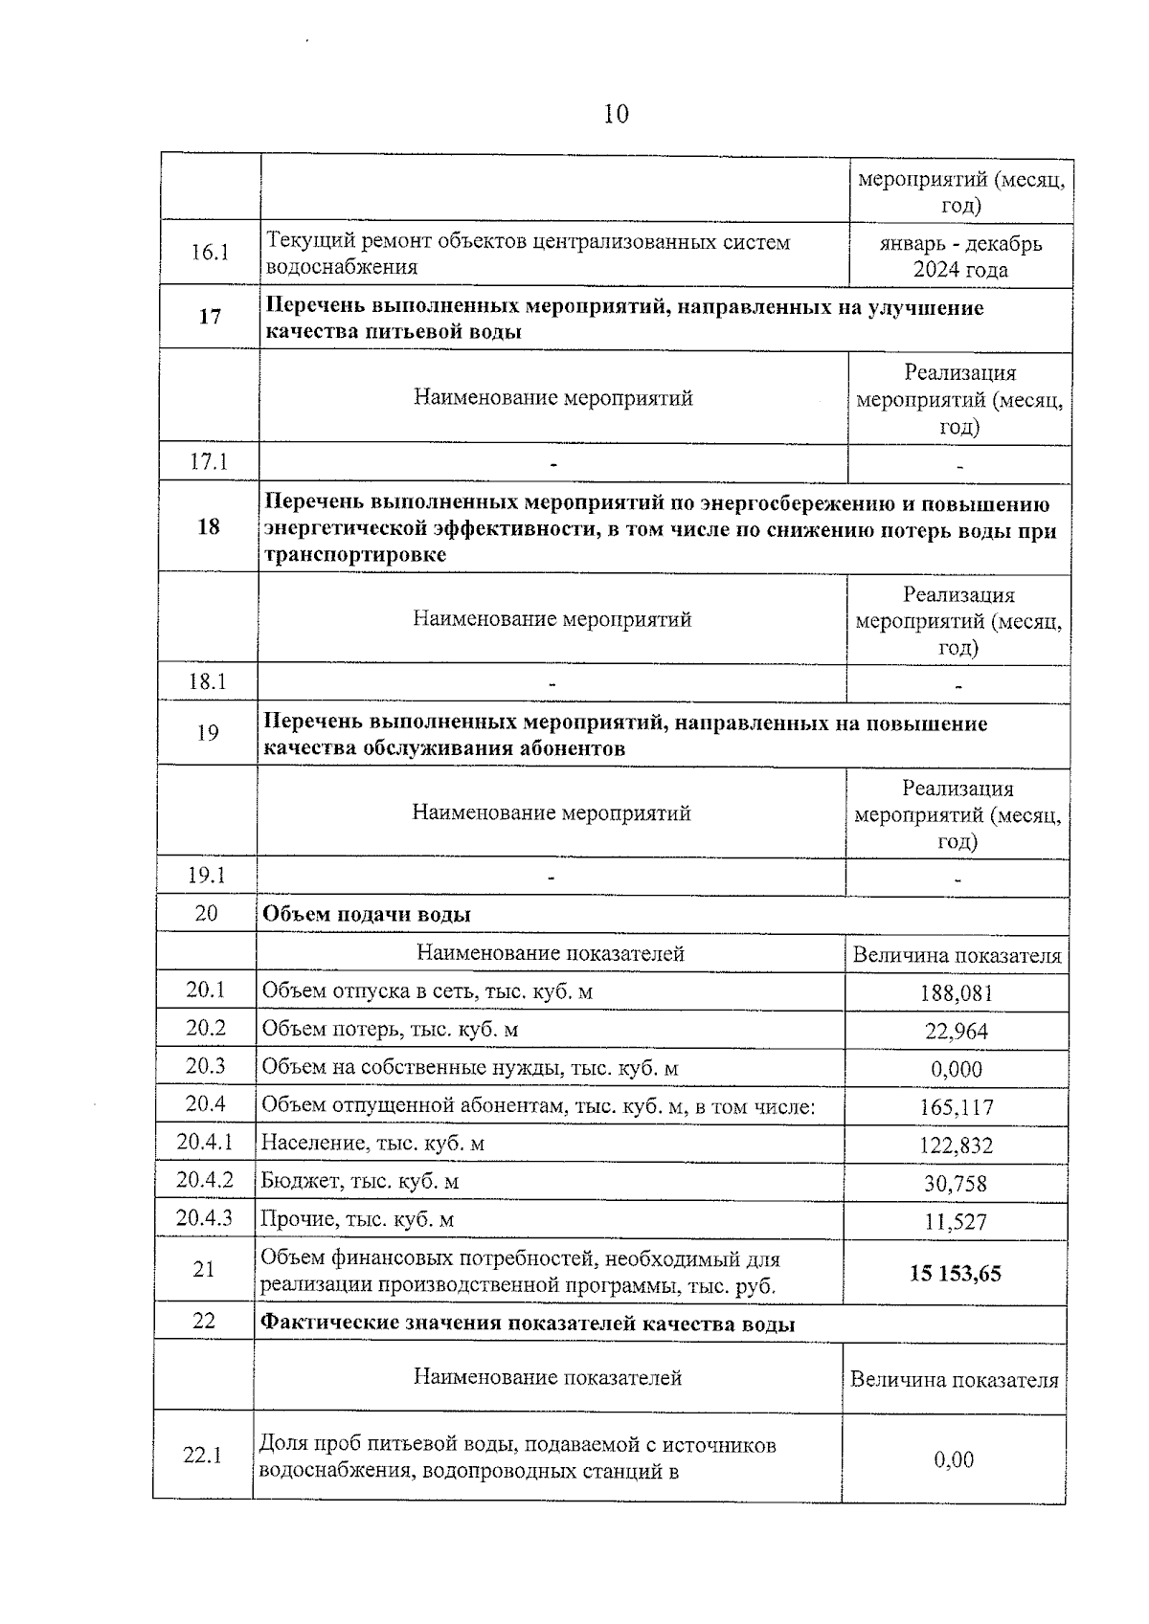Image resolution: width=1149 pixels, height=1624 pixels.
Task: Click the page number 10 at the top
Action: coord(616,115)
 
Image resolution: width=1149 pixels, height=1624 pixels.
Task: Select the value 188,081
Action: coord(956,993)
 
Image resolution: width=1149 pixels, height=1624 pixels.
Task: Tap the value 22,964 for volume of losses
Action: coord(956,1032)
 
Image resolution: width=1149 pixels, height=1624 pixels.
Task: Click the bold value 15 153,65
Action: coord(955,1274)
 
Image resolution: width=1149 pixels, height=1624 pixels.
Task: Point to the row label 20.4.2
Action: coord(204,1180)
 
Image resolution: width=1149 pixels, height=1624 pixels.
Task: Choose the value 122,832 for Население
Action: coord(956,1146)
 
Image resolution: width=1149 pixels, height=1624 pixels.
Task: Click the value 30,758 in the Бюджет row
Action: coord(955,1184)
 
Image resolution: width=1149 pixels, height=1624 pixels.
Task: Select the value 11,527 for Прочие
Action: coord(955,1222)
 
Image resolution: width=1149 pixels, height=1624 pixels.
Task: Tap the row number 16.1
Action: coord(210,253)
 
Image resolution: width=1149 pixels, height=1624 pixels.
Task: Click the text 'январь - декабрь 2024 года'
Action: coord(960,256)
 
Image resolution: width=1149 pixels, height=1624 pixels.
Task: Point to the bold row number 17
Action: coord(210,317)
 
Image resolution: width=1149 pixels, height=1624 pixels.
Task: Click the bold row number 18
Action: coord(208,526)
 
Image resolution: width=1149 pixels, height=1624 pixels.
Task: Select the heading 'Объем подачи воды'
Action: coord(367,914)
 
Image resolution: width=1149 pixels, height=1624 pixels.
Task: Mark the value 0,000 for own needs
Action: coord(956,1070)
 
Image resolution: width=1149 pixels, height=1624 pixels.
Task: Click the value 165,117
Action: coord(956,1108)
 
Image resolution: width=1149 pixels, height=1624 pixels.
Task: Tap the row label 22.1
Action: coord(202,1456)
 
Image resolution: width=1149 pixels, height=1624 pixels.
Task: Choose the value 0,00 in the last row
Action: coord(954,1459)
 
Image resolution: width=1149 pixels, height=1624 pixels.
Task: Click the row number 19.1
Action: coord(207,875)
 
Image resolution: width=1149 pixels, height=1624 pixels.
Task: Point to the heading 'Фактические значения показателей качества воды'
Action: coord(528,1324)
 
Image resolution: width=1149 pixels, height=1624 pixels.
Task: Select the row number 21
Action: coord(204,1270)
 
